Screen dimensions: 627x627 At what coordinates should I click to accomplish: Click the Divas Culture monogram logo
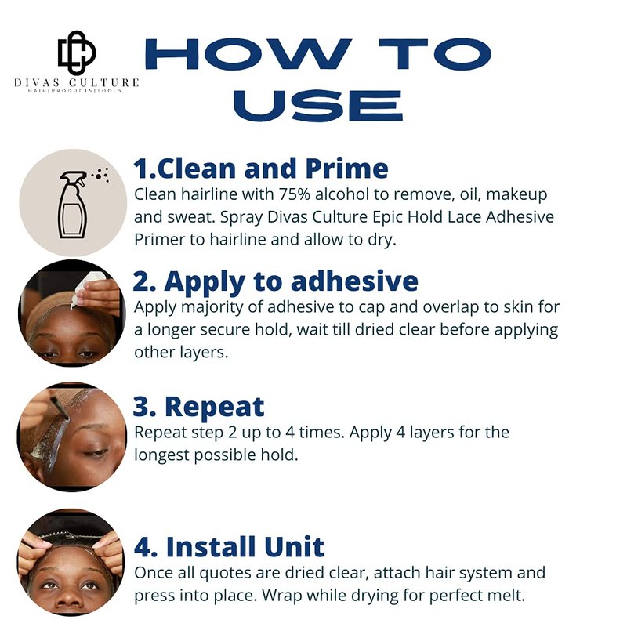coord(77,53)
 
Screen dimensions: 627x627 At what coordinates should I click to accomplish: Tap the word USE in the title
coord(318,106)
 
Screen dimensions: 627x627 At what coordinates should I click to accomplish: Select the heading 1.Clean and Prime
coord(261,169)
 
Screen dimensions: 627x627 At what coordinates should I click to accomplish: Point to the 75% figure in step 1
coord(295,194)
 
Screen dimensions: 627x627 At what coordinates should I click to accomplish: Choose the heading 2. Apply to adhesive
coord(276,281)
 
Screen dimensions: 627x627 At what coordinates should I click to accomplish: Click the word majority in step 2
coord(210,308)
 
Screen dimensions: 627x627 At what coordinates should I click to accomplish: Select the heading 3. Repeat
coord(198,407)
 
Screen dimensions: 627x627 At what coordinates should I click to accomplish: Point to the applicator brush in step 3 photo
coord(60,409)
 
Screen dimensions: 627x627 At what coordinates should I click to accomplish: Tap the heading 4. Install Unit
coord(229,546)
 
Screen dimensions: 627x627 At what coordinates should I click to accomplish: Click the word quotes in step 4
coord(226,574)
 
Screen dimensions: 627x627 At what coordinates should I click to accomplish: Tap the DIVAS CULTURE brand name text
coord(76,82)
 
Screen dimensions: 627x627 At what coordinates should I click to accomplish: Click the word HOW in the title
coord(248,54)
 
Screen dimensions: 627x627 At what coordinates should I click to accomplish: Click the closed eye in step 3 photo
coord(95,453)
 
